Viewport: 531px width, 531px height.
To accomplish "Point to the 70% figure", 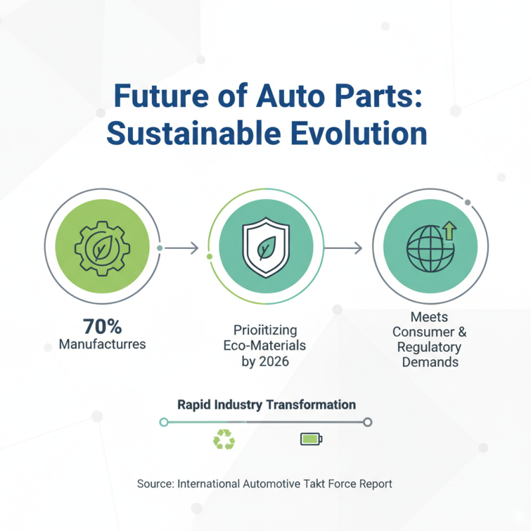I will tap(102, 326).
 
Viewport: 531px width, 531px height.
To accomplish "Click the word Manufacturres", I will tap(102, 344).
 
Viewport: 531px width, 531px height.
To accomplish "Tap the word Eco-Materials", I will tap(265, 345).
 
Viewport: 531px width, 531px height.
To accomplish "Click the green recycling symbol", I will tap(223, 439).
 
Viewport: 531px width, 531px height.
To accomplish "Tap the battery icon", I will tap(310, 439).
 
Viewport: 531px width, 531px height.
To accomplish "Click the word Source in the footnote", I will tap(155, 484).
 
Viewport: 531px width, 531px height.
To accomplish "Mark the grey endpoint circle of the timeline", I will tap(368, 421).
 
